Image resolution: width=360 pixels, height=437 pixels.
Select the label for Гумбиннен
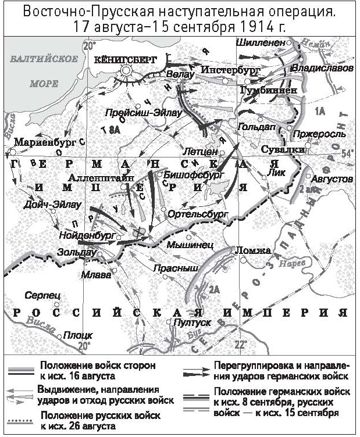coord(268,90)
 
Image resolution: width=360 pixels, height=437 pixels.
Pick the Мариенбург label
coord(41,141)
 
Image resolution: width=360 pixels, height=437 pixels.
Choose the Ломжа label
coord(252,250)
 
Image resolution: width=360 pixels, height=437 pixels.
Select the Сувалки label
coord(276,149)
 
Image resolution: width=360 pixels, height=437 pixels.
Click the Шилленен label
coord(261,42)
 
